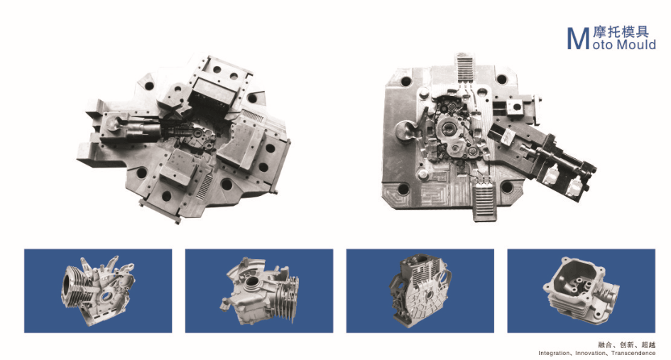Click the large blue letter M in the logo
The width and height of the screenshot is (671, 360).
coord(578,38)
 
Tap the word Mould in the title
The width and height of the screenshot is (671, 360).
coord(635,45)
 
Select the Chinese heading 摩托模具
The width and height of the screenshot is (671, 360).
coord(621,32)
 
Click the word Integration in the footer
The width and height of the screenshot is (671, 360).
coord(554,353)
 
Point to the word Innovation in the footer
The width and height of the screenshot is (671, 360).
coord(590,353)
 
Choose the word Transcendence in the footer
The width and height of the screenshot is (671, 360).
coord(633,353)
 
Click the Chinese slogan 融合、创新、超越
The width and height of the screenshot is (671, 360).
coord(627,344)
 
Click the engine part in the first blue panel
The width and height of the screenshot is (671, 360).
coord(98,290)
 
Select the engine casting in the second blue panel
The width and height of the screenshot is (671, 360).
coord(259,291)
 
